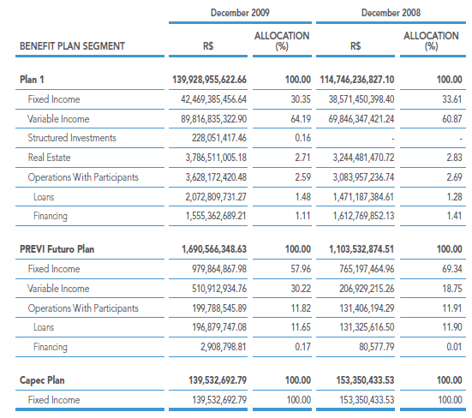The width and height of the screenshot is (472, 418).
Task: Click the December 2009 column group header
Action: coord(240,13)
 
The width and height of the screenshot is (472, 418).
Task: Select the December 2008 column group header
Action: coord(391,13)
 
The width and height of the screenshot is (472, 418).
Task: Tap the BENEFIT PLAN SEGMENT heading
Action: coord(72,46)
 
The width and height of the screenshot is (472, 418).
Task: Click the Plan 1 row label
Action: coord(32,80)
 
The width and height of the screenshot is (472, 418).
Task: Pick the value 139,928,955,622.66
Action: coord(209,80)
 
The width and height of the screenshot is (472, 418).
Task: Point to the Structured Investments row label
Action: coord(72,138)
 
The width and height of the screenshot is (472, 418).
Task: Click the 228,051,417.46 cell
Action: coord(219,138)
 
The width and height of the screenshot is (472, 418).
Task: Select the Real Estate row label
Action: coord(49,158)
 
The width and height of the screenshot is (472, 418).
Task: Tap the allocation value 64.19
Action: coord(301,119)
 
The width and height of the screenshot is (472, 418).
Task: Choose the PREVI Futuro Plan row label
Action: coord(57,249)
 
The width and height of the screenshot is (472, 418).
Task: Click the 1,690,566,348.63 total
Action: coord(214,249)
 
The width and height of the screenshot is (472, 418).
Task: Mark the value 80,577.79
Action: coord(376,347)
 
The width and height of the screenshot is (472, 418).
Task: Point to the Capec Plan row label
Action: coord(42,380)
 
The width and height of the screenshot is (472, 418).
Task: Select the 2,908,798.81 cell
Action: coord(224,347)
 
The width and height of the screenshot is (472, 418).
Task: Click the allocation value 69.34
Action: coord(451,269)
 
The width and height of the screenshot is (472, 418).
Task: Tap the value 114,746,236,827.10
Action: coord(357,80)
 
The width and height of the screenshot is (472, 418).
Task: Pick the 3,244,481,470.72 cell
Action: coord(363,158)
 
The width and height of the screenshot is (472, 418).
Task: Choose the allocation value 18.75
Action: coord(451,289)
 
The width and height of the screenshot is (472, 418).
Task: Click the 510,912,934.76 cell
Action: coord(219,289)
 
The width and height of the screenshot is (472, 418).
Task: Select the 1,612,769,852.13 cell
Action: coord(363,216)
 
